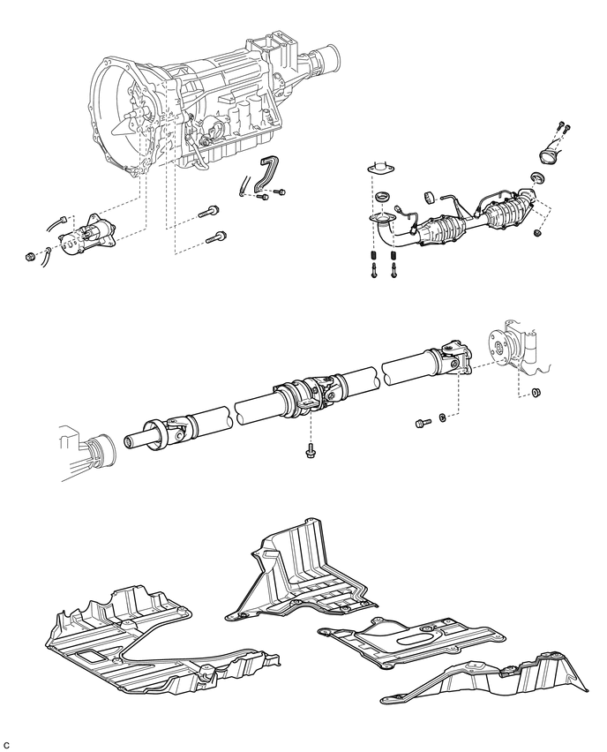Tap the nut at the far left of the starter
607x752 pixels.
tap(30, 258)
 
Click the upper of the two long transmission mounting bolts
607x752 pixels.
tap(212, 212)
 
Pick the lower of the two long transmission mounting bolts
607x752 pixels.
tap(216, 237)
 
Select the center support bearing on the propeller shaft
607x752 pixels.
tap(296, 396)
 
